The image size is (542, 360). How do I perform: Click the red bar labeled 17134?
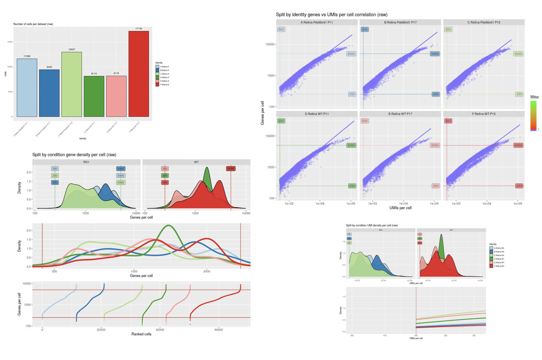(139, 74)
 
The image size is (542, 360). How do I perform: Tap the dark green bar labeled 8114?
(94, 96)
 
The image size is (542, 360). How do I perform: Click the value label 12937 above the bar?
(72, 50)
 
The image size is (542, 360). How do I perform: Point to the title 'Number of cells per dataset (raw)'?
(33, 24)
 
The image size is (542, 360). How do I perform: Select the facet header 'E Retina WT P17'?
(400, 114)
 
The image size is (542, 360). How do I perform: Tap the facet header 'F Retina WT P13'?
(483, 114)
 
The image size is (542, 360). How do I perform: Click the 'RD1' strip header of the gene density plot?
(86, 162)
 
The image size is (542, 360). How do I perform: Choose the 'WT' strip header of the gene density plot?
(196, 162)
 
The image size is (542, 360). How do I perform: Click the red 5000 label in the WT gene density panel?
(231, 168)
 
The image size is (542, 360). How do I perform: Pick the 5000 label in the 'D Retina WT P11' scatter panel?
(351, 145)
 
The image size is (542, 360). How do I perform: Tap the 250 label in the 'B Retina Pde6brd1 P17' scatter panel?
(435, 94)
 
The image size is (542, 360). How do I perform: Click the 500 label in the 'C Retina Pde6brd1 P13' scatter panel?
(448, 30)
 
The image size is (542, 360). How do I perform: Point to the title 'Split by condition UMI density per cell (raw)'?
(372, 225)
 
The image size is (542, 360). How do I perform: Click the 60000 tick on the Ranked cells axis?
(218, 330)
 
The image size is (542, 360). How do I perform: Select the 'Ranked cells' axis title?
(141, 334)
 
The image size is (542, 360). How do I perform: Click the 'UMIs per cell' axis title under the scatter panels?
(400, 208)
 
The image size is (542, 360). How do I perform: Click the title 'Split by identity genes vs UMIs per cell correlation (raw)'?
(331, 15)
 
